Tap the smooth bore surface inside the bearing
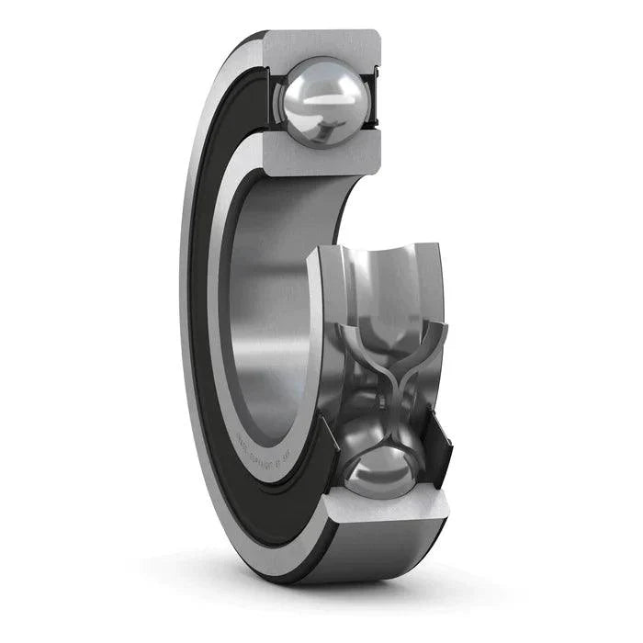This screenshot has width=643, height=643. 266,303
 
